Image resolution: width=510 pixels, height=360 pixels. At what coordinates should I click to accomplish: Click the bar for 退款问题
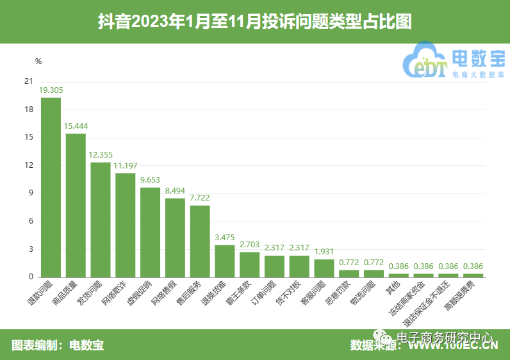[x=51, y=187]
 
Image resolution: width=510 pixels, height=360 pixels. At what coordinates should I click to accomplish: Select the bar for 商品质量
[x=76, y=205]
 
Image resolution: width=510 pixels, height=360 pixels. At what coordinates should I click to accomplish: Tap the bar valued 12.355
[x=101, y=219]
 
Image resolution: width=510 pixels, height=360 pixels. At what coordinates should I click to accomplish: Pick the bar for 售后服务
[x=200, y=241]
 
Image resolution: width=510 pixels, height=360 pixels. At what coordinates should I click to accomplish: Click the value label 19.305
[x=51, y=90]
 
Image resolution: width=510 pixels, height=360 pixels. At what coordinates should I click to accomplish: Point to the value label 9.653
[x=150, y=180]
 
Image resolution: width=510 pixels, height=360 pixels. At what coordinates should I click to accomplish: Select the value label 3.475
[x=224, y=238]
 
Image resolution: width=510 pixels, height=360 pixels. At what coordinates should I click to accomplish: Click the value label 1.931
[x=324, y=252]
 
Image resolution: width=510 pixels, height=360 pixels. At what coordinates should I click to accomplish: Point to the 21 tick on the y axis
[x=28, y=81]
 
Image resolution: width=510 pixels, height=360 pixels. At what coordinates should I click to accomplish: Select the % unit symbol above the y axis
[x=38, y=61]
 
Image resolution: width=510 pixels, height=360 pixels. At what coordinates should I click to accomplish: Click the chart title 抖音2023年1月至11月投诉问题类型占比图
[x=254, y=22]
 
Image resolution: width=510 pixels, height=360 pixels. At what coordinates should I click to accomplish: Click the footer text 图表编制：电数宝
[x=58, y=345]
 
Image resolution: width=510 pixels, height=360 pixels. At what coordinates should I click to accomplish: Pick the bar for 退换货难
[x=224, y=261]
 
